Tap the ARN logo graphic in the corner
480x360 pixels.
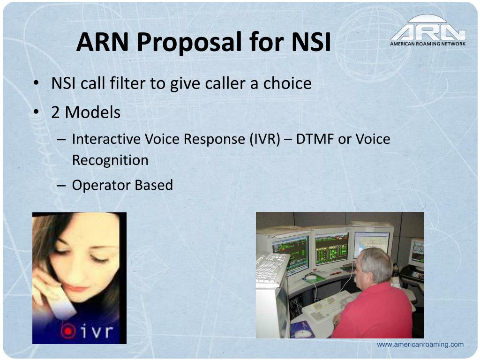[427, 28]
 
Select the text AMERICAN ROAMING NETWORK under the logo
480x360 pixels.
[427, 44]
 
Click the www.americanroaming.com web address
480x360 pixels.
[420, 345]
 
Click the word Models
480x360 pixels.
[93, 112]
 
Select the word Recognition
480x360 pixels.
[110, 160]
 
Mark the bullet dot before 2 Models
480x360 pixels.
[37, 112]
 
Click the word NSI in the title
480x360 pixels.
[311, 42]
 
